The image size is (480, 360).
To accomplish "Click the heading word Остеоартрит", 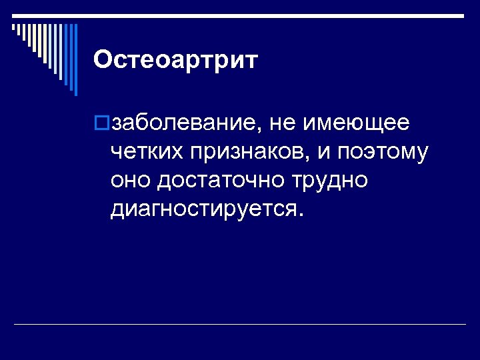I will [175, 60].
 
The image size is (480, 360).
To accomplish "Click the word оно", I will [131, 181].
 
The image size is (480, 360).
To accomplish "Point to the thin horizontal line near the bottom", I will [240, 325].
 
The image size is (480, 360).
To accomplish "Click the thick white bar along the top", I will [240, 15].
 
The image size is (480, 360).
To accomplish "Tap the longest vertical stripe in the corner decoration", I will [75, 60].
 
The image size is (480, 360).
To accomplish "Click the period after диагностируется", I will [301, 216].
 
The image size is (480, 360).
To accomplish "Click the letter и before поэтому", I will [325, 153].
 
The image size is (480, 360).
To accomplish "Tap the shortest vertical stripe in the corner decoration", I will [13, 27].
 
